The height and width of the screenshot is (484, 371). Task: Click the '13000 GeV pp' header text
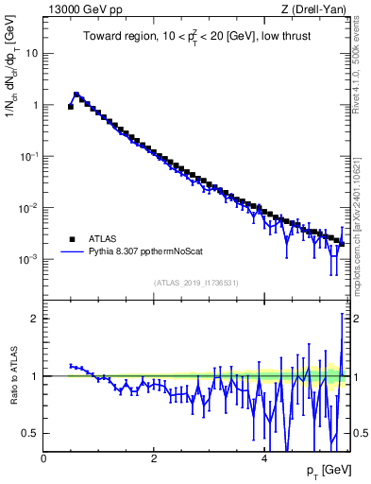pyautogui.click(x=82, y=10)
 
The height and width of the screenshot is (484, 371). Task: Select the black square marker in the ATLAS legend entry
pyautogui.click(x=72, y=238)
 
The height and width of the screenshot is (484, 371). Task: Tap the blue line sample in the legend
pyautogui.click(x=72, y=252)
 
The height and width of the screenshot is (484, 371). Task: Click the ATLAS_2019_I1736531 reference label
pyautogui.click(x=195, y=283)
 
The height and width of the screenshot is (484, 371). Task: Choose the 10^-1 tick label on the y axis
pyautogui.click(x=29, y=156)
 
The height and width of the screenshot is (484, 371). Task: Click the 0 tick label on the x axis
pyautogui.click(x=43, y=459)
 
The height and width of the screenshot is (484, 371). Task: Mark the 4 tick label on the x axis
pyautogui.click(x=264, y=459)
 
